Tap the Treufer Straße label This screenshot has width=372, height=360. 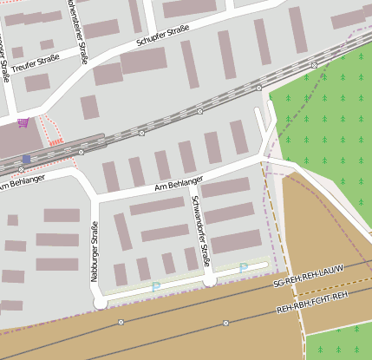[36, 59]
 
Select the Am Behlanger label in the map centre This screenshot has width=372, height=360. [178, 184]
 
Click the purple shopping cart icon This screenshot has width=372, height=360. [23, 122]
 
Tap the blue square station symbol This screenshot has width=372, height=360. [26, 159]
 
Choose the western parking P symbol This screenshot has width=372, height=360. [155, 286]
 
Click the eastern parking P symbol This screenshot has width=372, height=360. [243, 268]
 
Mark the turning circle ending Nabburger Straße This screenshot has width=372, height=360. [100, 303]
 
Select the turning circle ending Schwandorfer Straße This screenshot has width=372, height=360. [208, 280]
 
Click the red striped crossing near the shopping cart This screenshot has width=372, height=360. [56, 141]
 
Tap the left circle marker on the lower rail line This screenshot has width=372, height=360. [121, 322]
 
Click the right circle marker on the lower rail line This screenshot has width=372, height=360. [225, 323]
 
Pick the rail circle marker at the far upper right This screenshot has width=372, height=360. [313, 65]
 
